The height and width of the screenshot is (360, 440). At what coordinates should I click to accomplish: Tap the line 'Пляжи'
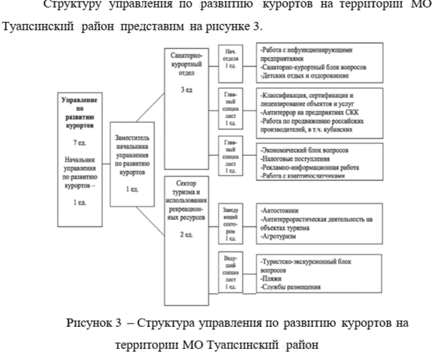click(x=273, y=278)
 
